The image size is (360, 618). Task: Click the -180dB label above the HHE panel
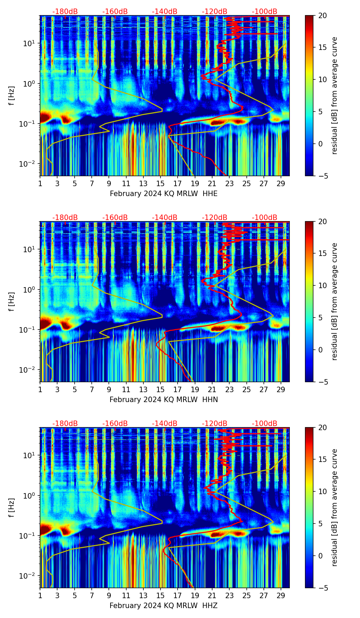pos(65,12)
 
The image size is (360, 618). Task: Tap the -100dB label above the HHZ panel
pos(265,424)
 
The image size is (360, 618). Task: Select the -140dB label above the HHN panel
pos(165,218)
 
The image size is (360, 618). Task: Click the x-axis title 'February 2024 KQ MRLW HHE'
pos(164,194)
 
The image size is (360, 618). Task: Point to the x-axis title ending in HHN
pos(164,400)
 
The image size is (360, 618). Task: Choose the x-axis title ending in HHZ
pos(164,606)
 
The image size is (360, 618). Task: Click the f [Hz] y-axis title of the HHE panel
pos(12,96)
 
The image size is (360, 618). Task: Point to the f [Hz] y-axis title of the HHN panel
pos(12,302)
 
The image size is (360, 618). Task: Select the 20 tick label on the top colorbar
pos(322,16)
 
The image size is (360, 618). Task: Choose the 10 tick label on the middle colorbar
pos(322,285)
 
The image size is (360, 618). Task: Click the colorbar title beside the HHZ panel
pos(334,507)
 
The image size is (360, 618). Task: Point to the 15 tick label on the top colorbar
pos(322,48)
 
